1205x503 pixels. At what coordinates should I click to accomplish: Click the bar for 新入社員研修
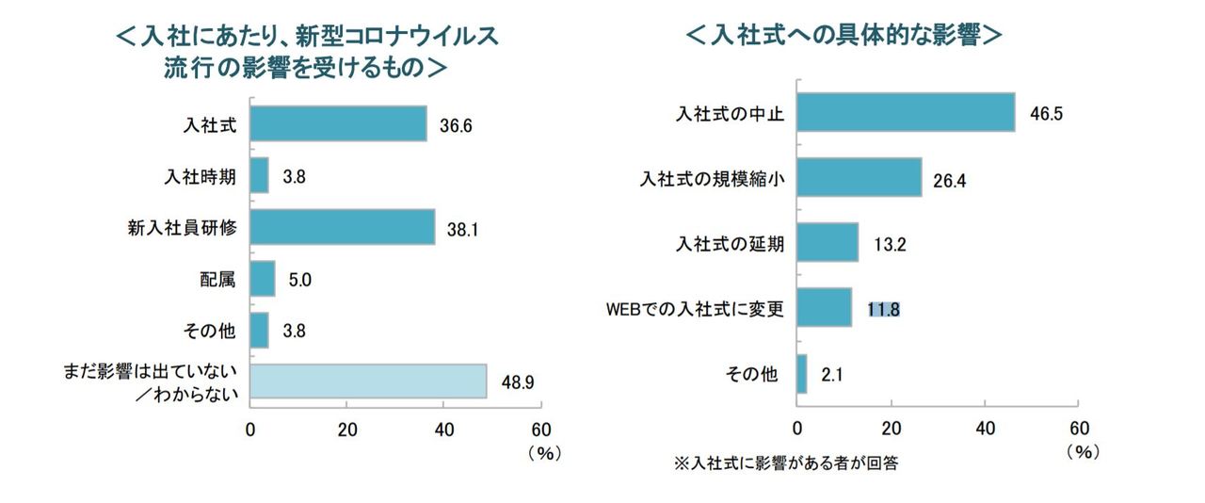(x=343, y=226)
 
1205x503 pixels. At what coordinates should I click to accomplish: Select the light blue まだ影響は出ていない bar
(x=368, y=381)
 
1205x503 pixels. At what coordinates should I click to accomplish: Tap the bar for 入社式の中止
(x=906, y=112)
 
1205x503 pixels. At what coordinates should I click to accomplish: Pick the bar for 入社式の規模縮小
(x=859, y=177)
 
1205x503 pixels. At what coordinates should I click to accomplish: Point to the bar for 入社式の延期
(x=827, y=242)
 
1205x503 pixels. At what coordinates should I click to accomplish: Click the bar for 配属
(x=263, y=278)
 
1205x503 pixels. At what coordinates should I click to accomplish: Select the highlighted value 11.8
(x=884, y=308)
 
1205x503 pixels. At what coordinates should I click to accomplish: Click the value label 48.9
(x=517, y=381)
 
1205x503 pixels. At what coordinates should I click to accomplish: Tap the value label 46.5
(x=1046, y=113)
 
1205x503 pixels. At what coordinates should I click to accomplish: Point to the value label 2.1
(x=831, y=374)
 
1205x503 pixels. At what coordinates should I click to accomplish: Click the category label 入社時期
(x=208, y=175)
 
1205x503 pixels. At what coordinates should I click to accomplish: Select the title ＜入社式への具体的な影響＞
(x=843, y=37)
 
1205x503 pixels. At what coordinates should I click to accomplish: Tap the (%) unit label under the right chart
(x=1082, y=451)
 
